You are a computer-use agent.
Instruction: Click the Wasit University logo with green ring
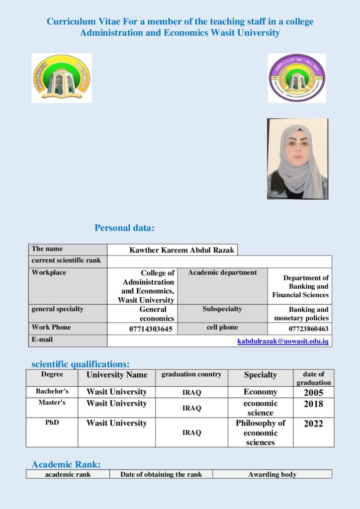pyautogui.click(x=62, y=78)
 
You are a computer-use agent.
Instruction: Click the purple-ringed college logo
pyautogui.click(x=297, y=78)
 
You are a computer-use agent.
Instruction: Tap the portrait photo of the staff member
pyautogui.click(x=297, y=159)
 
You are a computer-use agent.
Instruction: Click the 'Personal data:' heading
pyautogui.click(x=125, y=228)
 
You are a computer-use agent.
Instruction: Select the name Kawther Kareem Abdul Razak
pyautogui.click(x=181, y=250)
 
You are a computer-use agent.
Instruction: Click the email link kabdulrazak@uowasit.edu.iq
pyautogui.click(x=283, y=341)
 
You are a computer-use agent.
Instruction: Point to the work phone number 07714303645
pyautogui.click(x=151, y=329)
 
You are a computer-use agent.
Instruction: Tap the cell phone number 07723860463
pyautogui.click(x=308, y=329)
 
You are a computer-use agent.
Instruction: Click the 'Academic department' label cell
pyautogui.click(x=222, y=272)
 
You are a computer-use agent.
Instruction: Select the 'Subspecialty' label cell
pyautogui.click(x=222, y=309)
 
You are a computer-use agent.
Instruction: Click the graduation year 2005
pyautogui.click(x=313, y=393)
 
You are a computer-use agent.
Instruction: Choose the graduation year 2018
pyautogui.click(x=313, y=404)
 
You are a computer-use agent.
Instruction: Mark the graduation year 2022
pyautogui.click(x=313, y=424)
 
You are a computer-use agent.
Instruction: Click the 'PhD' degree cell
pyautogui.click(x=52, y=423)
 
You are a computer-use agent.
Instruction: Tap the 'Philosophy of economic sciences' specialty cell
pyautogui.click(x=261, y=432)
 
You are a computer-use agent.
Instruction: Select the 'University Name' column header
pyautogui.click(x=117, y=375)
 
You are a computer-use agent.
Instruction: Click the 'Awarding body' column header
pyautogui.click(x=272, y=474)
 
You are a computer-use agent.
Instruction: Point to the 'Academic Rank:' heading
pyautogui.click(x=66, y=465)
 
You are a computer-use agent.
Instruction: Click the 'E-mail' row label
pyautogui.click(x=42, y=339)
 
